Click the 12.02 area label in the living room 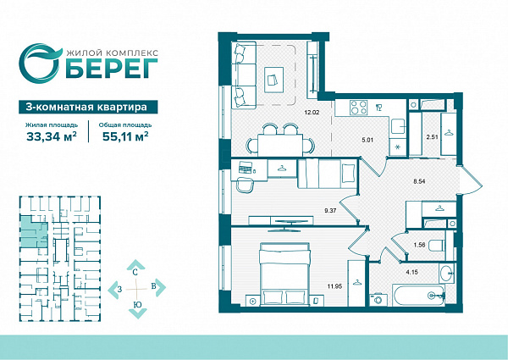click(x=312, y=113)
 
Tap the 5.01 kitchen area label click(x=367, y=141)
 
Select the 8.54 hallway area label click(x=419, y=181)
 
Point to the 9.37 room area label click(x=330, y=210)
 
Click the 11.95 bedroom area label click(x=334, y=286)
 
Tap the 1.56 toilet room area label click(x=419, y=245)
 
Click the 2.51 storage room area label click(x=432, y=137)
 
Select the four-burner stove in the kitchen click(x=358, y=108)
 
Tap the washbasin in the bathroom click(x=447, y=273)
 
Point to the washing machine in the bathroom click(x=378, y=299)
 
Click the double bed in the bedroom click(x=285, y=274)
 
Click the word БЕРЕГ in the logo click(x=112, y=69)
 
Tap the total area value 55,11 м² click(x=125, y=136)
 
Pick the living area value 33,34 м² click(x=52, y=136)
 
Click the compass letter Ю click(x=137, y=305)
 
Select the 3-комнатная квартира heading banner click(x=88, y=107)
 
